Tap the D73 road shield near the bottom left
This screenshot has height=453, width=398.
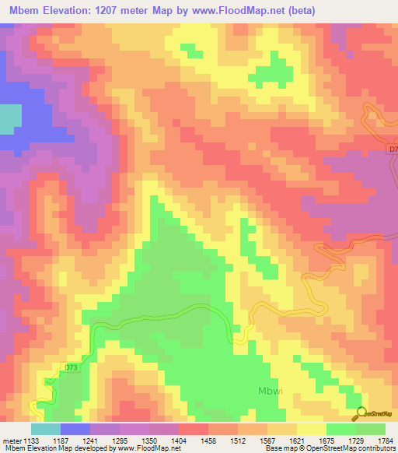click(72, 367)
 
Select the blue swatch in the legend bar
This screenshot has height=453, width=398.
click(75, 429)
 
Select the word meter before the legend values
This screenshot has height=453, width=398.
click(11, 440)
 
